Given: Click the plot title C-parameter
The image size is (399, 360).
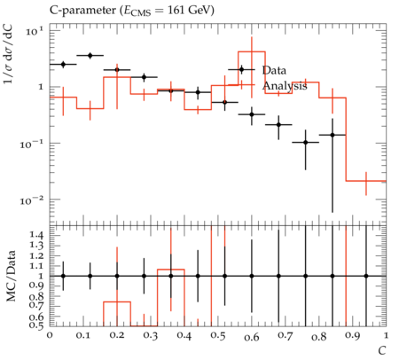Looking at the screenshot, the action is coord(83,11).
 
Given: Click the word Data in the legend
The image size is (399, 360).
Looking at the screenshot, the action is coord(274,70).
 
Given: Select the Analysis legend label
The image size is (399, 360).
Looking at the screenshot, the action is coord(285,86).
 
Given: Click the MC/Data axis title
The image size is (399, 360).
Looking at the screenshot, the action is coord(12,276).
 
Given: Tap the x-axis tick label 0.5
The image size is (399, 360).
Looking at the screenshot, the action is coord(218,336).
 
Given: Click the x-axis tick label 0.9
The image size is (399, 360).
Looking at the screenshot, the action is coord(353,336).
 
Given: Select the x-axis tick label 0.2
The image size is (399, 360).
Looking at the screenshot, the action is coord(117,336).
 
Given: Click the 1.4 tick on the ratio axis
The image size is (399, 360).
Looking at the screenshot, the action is coord(36,235).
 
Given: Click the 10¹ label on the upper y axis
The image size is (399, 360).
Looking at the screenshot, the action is coord(35,31).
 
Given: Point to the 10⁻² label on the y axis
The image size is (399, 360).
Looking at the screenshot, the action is coord(32,201).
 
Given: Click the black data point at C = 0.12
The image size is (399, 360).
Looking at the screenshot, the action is coord(90,55).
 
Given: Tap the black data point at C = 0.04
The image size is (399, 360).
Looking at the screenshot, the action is coord(63,64).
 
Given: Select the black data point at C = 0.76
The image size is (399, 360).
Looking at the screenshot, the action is coord(306,143).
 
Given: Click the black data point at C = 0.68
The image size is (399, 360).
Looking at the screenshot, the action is coord(278,125).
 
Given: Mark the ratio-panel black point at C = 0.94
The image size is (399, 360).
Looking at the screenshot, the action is coord(366,276).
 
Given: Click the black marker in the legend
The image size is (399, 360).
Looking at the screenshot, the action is coord(241,70).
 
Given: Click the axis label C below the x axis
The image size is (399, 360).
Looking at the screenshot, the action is coord(382,351).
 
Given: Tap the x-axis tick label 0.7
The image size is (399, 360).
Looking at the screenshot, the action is coord(286,336).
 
